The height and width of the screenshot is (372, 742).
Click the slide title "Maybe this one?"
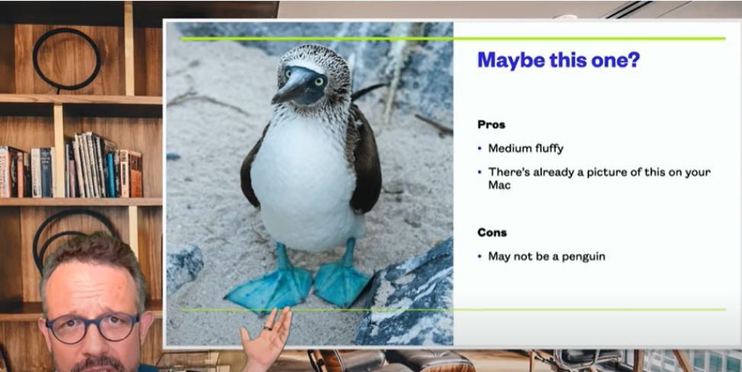click(558, 60)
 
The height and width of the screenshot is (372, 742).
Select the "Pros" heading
click(491, 125)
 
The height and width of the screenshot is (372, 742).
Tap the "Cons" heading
click(492, 232)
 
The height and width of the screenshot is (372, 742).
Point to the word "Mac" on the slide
click(499, 185)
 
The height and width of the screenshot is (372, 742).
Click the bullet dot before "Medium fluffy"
click(480, 149)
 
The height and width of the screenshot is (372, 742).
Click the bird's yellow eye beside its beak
click(319, 81)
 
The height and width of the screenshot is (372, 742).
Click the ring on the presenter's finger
click(268, 327)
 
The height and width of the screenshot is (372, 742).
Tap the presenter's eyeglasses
click(93, 326)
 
